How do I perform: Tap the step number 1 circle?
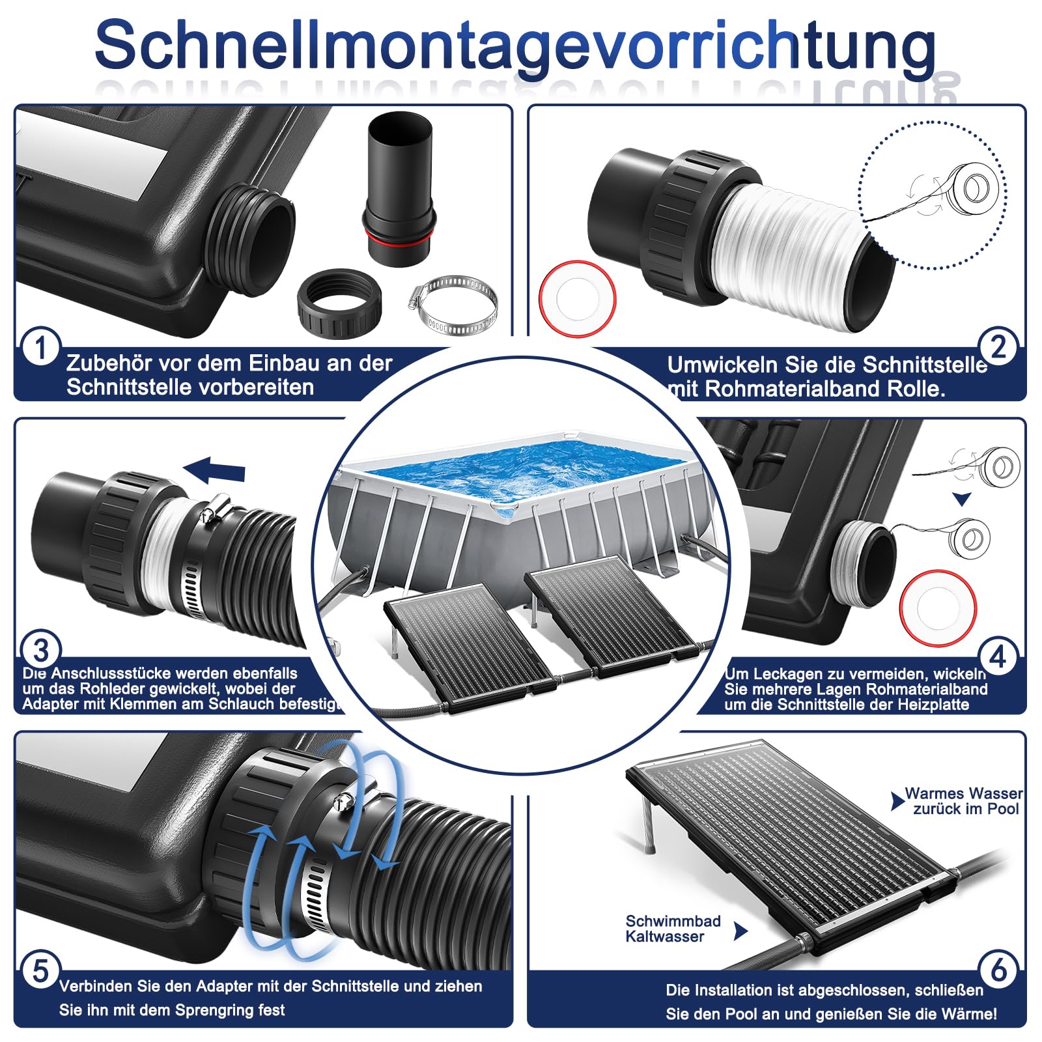[40, 347]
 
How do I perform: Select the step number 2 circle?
[998, 346]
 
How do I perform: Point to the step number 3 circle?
[41, 651]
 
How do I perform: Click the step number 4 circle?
[998, 656]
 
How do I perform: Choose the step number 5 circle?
[40, 970]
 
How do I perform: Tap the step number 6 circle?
[999, 970]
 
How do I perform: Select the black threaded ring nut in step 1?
[339, 305]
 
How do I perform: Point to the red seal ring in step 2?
[577, 298]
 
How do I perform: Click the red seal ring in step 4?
[938, 608]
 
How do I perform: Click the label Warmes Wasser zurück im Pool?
[963, 801]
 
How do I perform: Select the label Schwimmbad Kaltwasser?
[673, 929]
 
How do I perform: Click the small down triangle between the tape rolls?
[962, 500]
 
